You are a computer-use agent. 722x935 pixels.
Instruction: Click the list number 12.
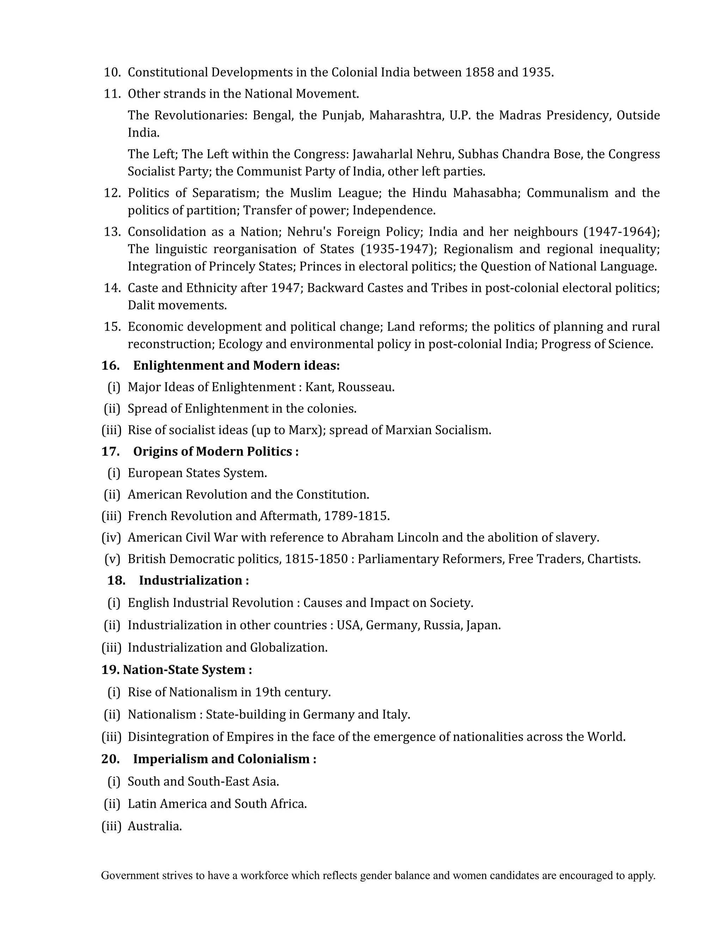(x=112, y=193)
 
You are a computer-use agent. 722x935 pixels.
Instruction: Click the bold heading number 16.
(x=110, y=366)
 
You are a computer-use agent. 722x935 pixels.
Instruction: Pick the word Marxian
(x=409, y=430)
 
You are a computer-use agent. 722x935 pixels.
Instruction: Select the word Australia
(x=154, y=826)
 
